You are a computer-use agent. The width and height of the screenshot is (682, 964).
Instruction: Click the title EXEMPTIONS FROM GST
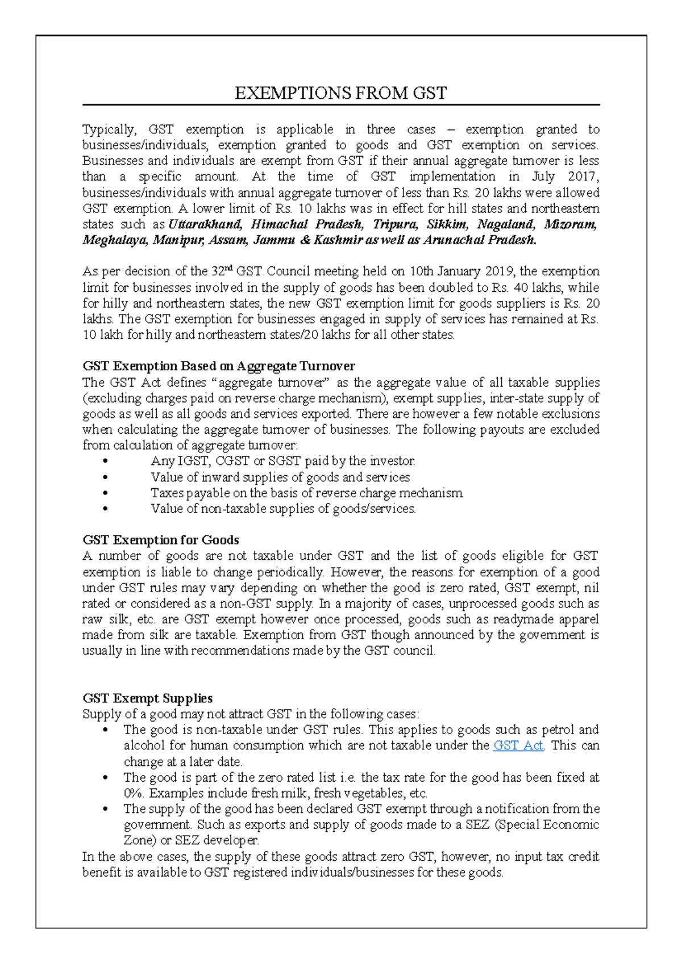[341, 93]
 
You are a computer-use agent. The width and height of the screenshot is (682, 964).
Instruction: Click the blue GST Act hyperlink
[518, 745]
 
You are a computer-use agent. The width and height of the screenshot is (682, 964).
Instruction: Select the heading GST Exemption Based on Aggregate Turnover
[218, 366]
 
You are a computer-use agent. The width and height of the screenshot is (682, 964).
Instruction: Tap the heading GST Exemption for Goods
[160, 540]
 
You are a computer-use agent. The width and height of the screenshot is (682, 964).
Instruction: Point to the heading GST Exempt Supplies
[147, 698]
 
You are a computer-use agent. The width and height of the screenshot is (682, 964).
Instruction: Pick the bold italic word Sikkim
[447, 224]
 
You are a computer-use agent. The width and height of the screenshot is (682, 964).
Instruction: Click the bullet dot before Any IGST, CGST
[105, 462]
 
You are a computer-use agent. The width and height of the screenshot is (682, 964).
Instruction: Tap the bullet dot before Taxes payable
[105, 493]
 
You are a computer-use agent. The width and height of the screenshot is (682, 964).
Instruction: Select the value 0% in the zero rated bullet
[134, 793]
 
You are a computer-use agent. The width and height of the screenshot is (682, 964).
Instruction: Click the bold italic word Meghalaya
[115, 240]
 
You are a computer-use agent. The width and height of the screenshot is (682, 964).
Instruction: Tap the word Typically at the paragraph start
[109, 130]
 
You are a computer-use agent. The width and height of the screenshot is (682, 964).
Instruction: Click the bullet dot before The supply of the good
[105, 810]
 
